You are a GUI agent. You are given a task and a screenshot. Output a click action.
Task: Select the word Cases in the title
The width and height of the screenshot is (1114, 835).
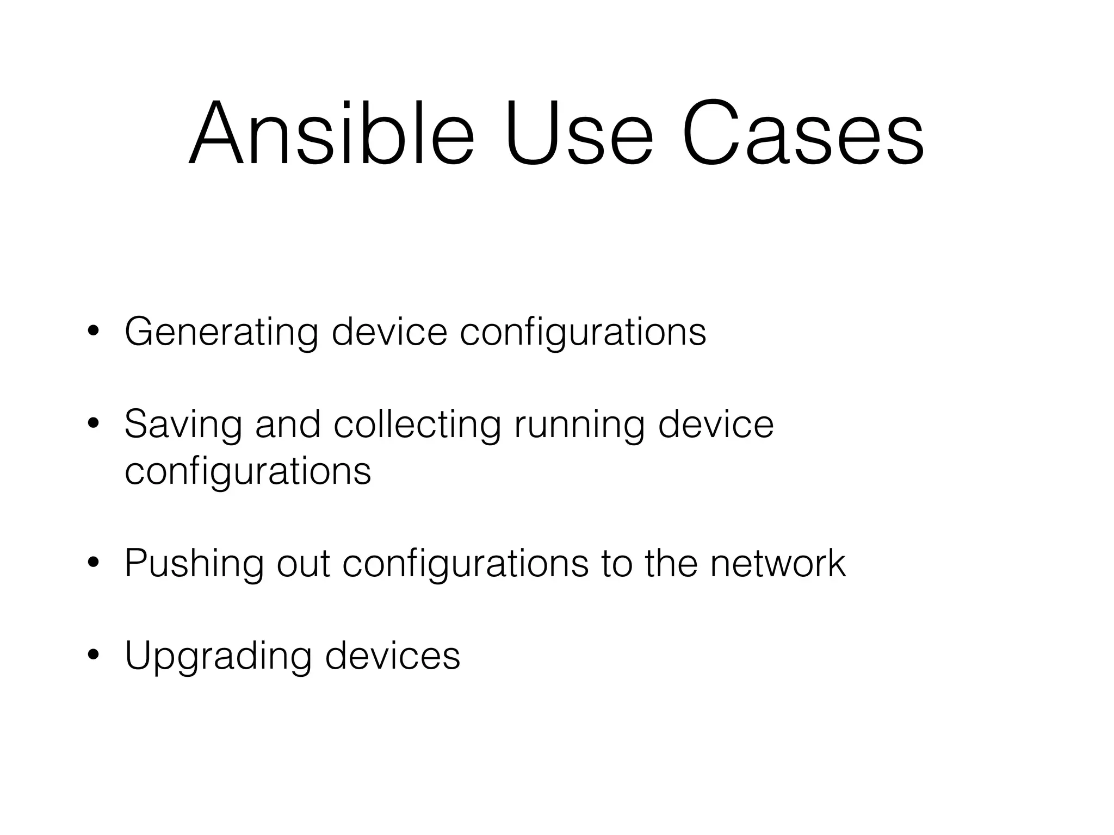click(x=802, y=133)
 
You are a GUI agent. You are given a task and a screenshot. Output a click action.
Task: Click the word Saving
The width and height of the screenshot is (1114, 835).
click(x=183, y=425)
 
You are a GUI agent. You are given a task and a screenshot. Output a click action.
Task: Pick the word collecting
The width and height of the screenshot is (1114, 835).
click(x=417, y=425)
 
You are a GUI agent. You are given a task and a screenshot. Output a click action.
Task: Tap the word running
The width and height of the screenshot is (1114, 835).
click(x=579, y=425)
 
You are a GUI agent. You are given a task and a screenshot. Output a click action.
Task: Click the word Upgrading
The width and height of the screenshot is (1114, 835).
click(x=218, y=656)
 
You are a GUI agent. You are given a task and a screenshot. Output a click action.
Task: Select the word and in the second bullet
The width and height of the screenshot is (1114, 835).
click(x=288, y=425)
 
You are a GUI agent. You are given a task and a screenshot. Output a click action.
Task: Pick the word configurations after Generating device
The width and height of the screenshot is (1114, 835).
click(x=583, y=332)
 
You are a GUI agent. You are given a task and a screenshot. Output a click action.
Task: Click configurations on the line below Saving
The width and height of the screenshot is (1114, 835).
click(x=247, y=471)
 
